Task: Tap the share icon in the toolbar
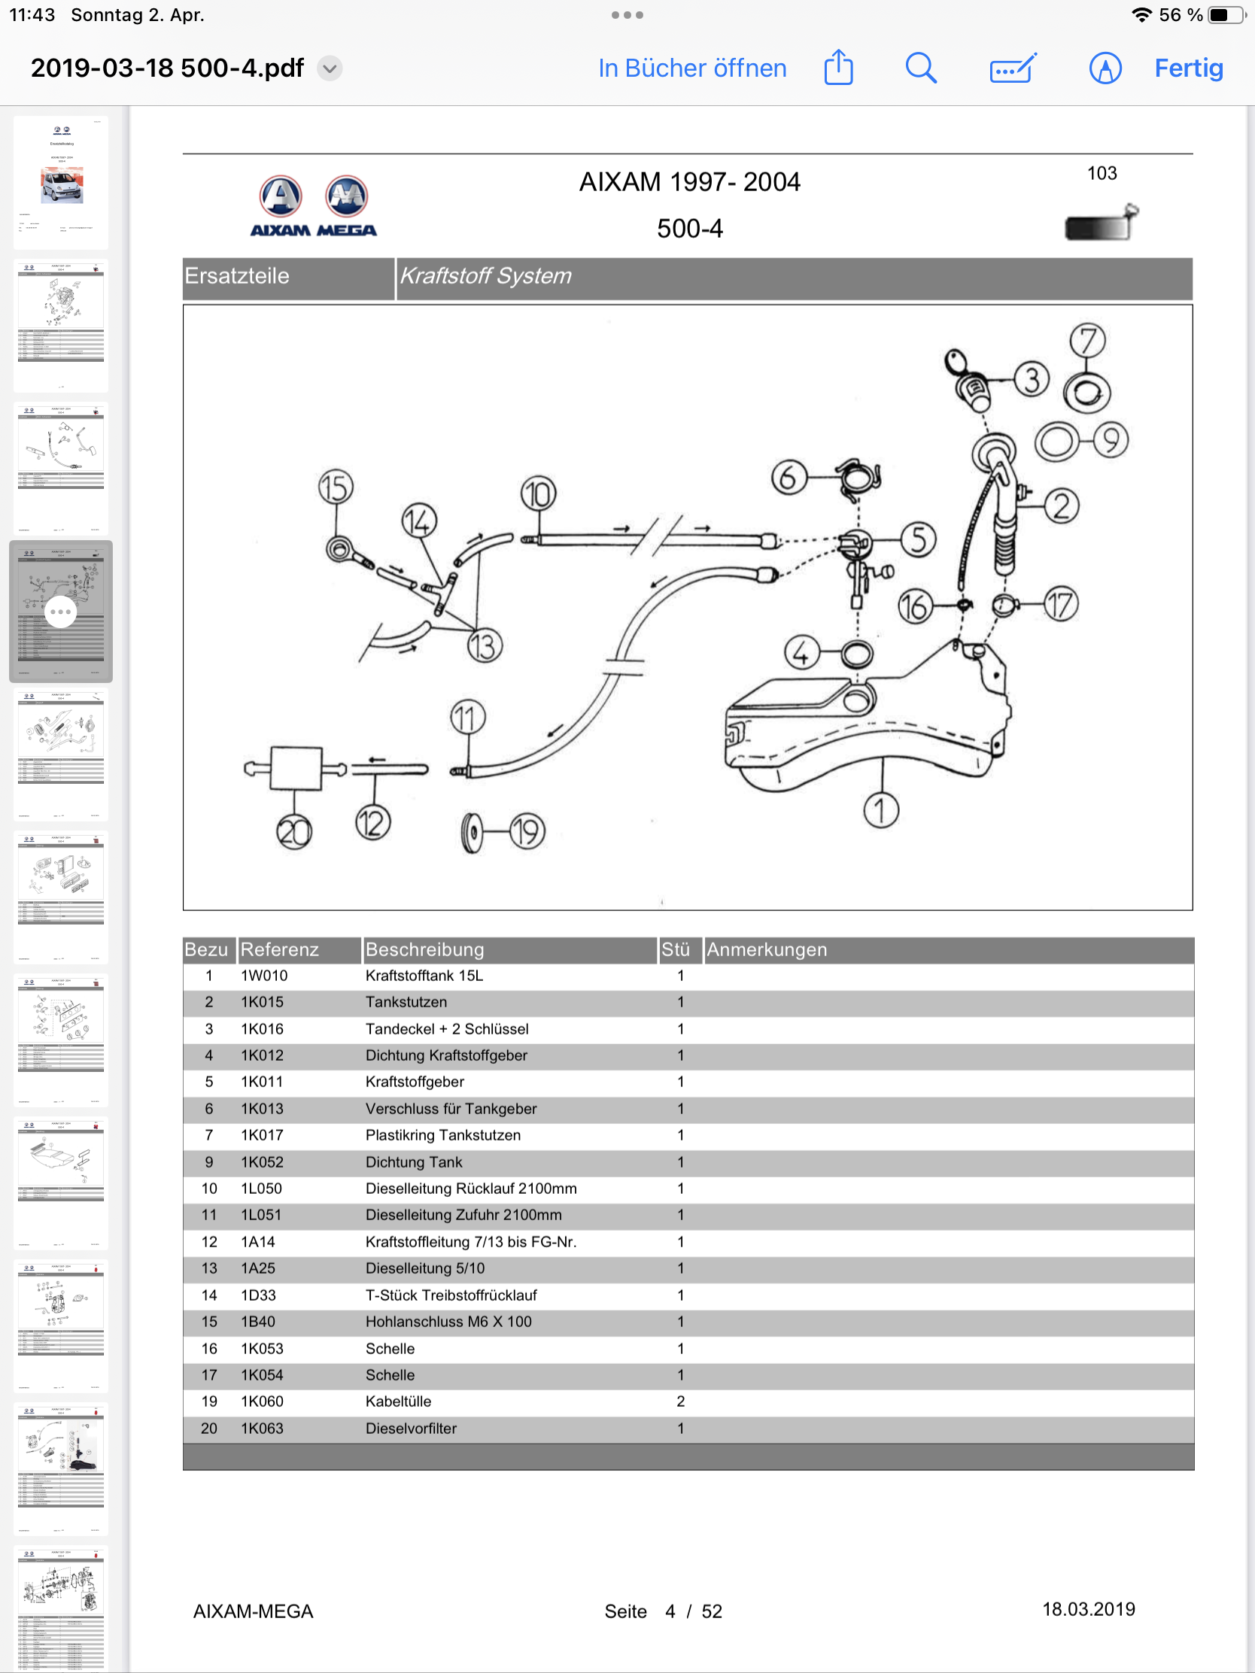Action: [838, 68]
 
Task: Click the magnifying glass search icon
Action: [921, 68]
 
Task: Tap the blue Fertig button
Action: [1188, 68]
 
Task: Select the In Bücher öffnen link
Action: [692, 68]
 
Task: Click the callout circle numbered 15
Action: [336, 487]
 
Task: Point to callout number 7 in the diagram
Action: [1087, 340]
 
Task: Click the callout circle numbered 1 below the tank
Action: [880, 811]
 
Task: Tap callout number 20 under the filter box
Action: [294, 832]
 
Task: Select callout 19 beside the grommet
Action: [527, 832]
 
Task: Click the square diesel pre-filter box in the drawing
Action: [296, 769]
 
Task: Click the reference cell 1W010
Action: [264, 976]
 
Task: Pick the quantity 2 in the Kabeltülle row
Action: [680, 1401]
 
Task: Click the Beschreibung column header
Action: [424, 949]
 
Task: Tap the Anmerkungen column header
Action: [766, 949]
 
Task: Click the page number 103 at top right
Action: [1102, 173]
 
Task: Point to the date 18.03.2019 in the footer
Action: [1088, 1609]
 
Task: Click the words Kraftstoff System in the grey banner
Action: [485, 276]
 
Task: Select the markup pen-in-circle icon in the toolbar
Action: [1105, 68]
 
